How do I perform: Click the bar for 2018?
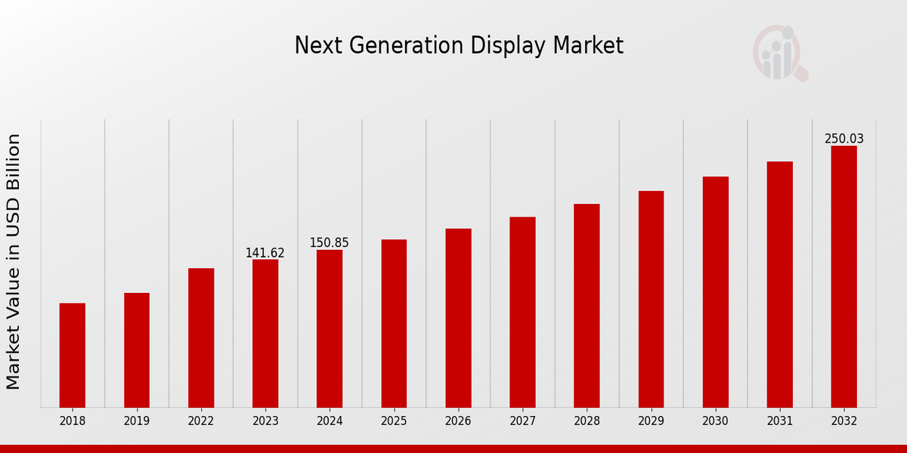(x=73, y=355)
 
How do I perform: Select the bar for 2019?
(x=137, y=350)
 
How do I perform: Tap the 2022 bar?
(x=201, y=337)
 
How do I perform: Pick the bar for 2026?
(x=458, y=318)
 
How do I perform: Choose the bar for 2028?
(x=587, y=305)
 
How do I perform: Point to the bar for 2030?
(x=715, y=291)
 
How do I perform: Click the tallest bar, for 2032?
(x=844, y=276)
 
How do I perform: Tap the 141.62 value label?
(x=265, y=253)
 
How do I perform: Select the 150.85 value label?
(x=330, y=243)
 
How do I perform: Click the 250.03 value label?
(x=844, y=139)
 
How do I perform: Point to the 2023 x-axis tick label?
(x=265, y=421)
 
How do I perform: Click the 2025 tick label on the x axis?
(x=394, y=421)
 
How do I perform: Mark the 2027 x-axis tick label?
(x=522, y=421)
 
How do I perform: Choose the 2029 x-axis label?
(x=651, y=421)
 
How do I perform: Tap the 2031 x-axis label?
(x=779, y=421)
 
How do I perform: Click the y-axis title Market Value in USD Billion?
(x=14, y=261)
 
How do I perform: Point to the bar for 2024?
(x=330, y=328)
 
